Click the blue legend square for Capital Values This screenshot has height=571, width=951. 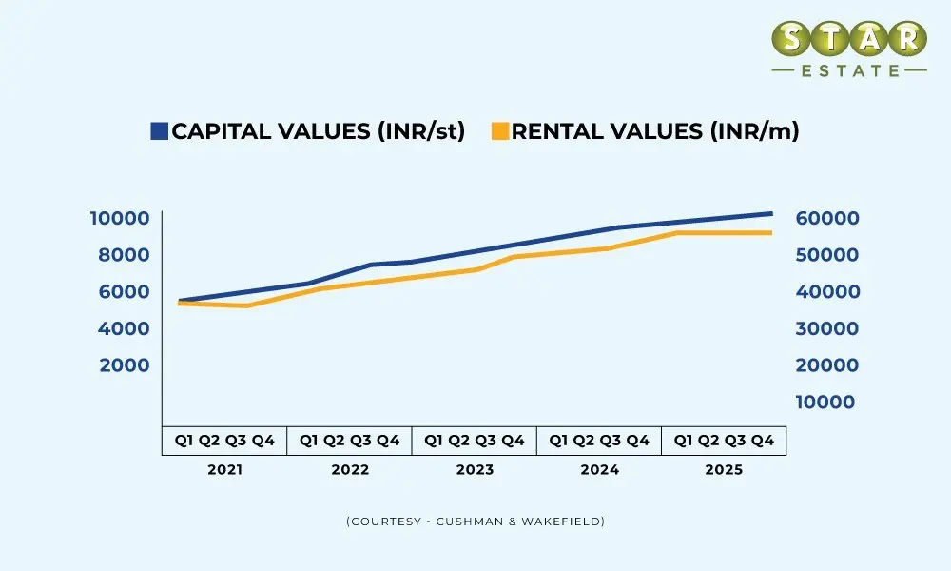coord(159,131)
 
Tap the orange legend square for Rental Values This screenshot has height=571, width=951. coord(500,131)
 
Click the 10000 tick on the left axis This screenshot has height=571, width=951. coord(120,218)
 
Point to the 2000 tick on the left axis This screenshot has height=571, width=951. coord(125,365)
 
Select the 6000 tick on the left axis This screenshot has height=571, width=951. coord(125,292)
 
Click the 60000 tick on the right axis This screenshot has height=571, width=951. coord(826,218)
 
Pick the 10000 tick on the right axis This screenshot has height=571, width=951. coord(825,403)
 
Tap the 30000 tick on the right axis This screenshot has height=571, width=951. coord(826,328)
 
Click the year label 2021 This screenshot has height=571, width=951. coord(224,470)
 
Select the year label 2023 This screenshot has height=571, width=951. coord(475,470)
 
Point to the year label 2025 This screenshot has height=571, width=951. coord(724,470)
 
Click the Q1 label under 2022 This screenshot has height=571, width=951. coord(308,441)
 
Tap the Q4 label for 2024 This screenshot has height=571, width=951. coord(638,441)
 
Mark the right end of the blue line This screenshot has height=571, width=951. coord(770,213)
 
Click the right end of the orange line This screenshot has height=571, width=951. coord(770,232)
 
